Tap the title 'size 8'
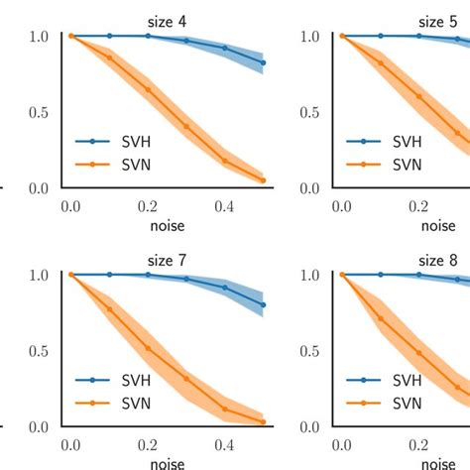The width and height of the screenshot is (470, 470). pos(437,259)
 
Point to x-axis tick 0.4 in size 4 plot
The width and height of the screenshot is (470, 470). pos(225,206)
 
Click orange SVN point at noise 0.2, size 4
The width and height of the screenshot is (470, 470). pos(148,89)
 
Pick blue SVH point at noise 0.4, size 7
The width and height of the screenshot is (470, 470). pos(225,288)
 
